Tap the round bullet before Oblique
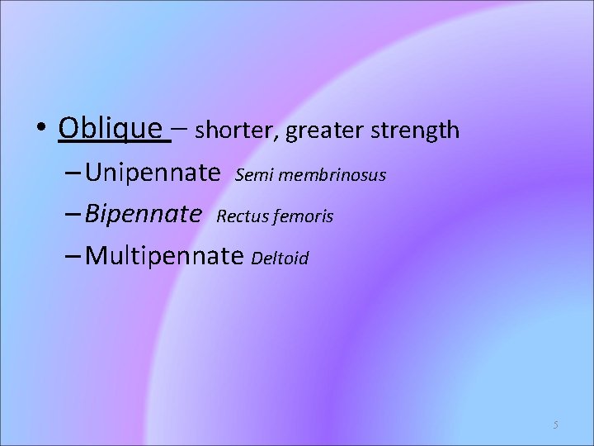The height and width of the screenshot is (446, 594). click(x=42, y=130)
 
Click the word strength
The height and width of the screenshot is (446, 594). click(x=416, y=130)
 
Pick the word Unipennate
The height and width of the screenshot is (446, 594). click(x=153, y=173)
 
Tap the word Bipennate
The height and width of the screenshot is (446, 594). click(x=144, y=216)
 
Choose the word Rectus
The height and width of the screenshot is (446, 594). click(x=239, y=216)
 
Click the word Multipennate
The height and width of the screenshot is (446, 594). click(x=164, y=257)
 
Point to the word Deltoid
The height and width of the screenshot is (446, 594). click(x=280, y=259)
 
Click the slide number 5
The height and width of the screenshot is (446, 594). click(x=555, y=425)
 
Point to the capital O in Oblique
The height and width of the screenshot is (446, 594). click(x=69, y=129)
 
